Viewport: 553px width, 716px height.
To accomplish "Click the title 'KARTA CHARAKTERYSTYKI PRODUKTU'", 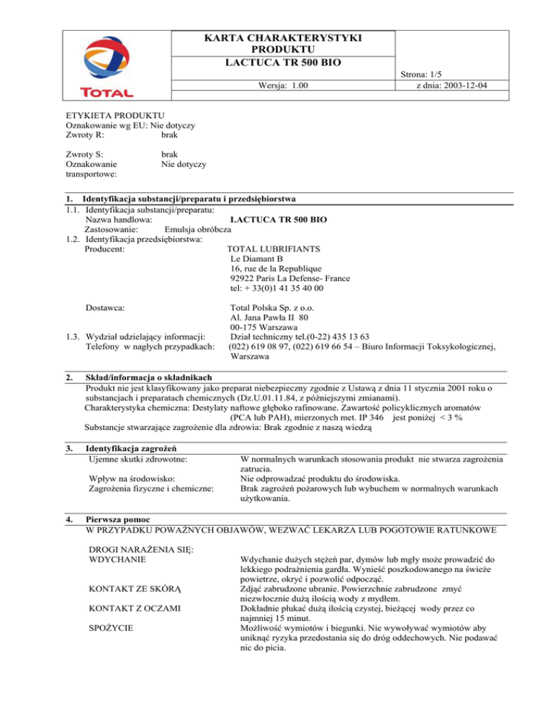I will (x=283, y=42).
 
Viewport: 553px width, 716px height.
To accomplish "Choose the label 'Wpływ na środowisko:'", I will (x=131, y=478).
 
